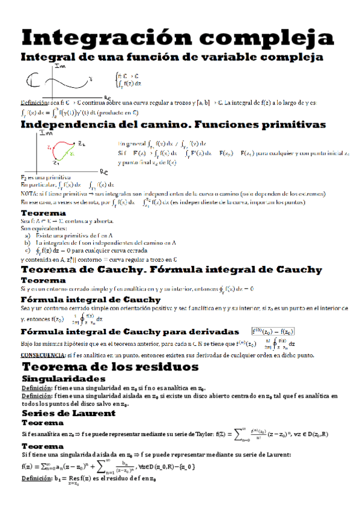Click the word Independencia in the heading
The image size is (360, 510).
pos(67,125)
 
